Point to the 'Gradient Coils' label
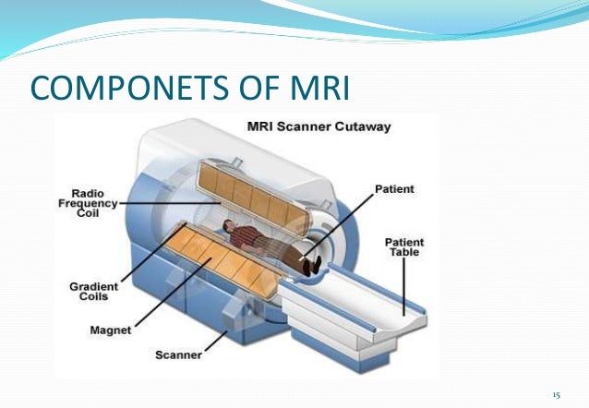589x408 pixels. click(x=94, y=292)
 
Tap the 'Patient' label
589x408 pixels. click(x=394, y=189)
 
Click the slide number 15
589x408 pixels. click(x=556, y=394)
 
